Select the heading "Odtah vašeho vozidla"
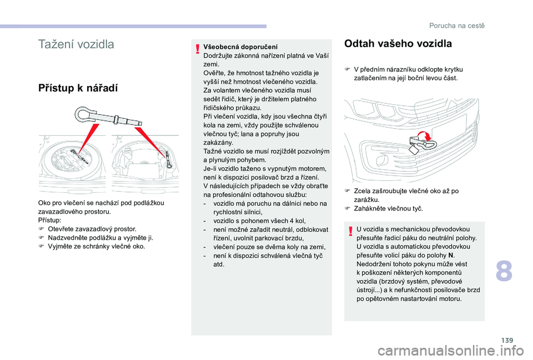click(x=398, y=44)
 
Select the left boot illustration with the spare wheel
click(x=72, y=162)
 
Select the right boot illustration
click(x=145, y=162)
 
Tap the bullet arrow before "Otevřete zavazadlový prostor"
click(x=41, y=229)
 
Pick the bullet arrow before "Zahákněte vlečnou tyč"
click(x=347, y=208)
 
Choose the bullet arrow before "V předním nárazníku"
click(x=347, y=69)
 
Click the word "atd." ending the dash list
click(x=219, y=264)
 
